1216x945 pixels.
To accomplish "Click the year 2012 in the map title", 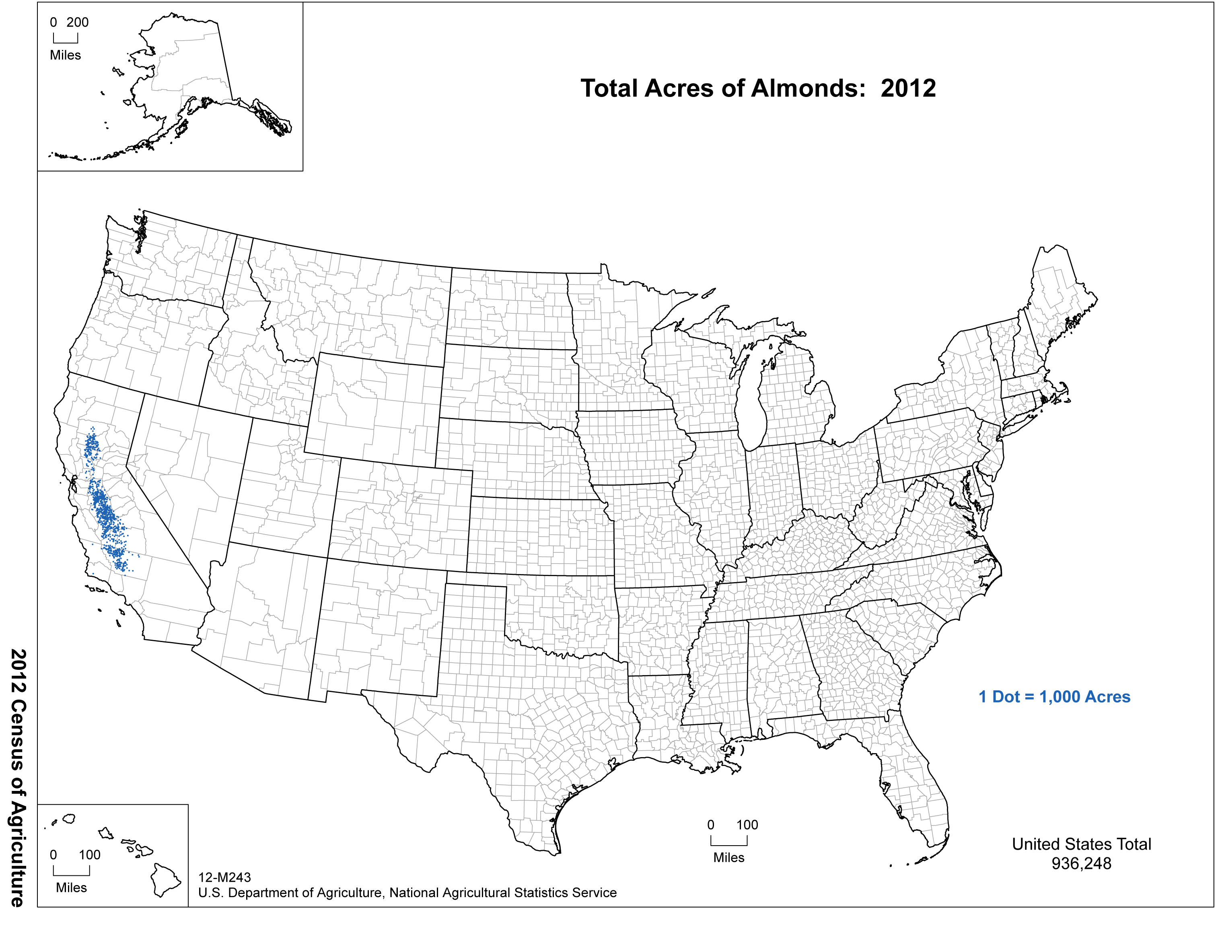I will pos(908,89).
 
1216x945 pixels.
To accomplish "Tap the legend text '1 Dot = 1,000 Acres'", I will pos(1055,697).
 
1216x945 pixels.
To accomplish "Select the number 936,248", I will pos(1081,864).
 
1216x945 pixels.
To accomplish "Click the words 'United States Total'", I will pos(1081,844).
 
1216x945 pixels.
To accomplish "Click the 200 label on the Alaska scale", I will pos(77,22).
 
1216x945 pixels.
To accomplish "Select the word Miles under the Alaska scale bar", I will pos(65,55).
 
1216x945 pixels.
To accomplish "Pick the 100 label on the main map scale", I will pos(747,825).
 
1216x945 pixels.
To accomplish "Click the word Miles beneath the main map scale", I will pos(729,858).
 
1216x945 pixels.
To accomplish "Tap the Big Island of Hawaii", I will pos(165,880).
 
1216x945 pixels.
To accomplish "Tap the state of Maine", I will pos(1058,301).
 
